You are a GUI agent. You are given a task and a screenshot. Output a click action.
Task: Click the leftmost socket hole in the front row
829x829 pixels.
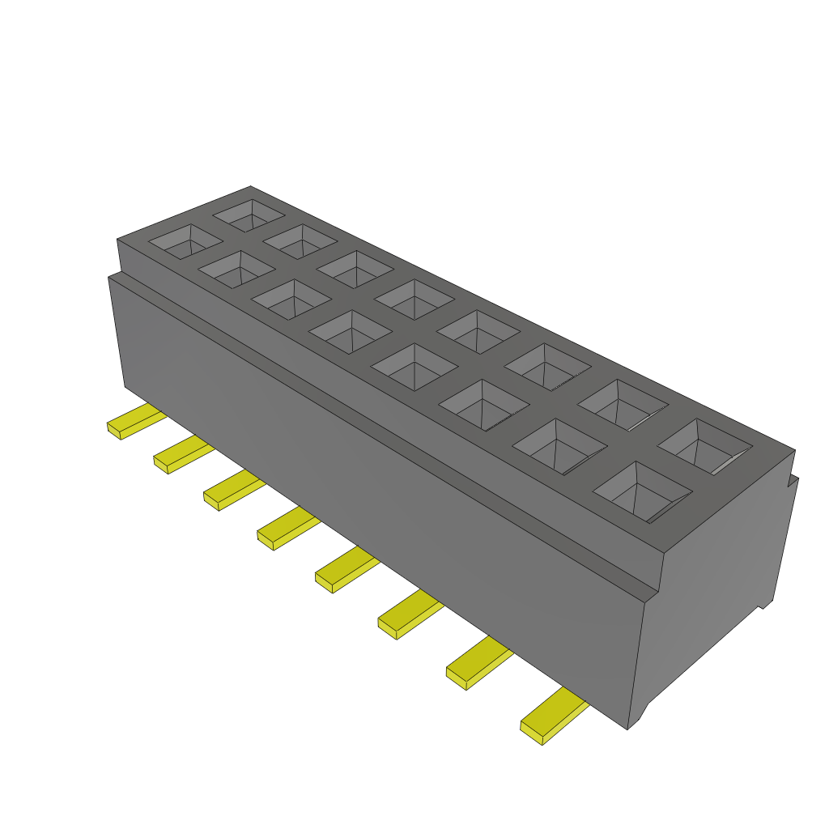click(185, 241)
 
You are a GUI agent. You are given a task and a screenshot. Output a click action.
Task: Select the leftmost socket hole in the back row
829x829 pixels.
click(249, 215)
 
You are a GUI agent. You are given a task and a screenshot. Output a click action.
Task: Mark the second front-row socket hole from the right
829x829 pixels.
click(559, 446)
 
